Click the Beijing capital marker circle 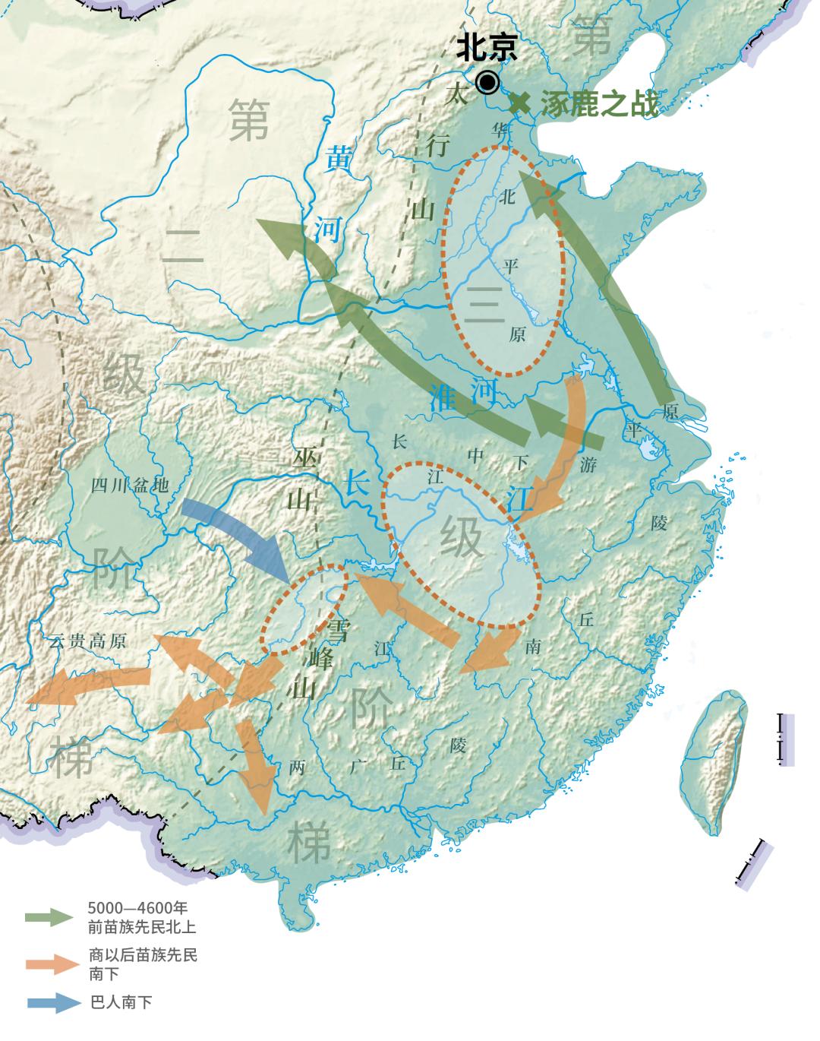pyautogui.click(x=487, y=82)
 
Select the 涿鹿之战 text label pyautogui.click(x=600, y=104)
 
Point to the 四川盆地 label pyautogui.click(x=130, y=486)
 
